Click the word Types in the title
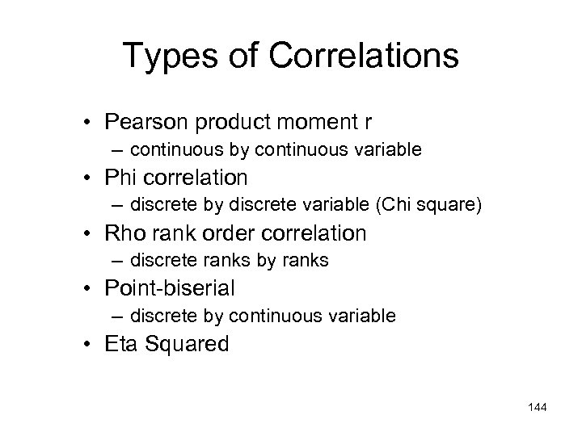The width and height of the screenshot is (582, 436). click(168, 57)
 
